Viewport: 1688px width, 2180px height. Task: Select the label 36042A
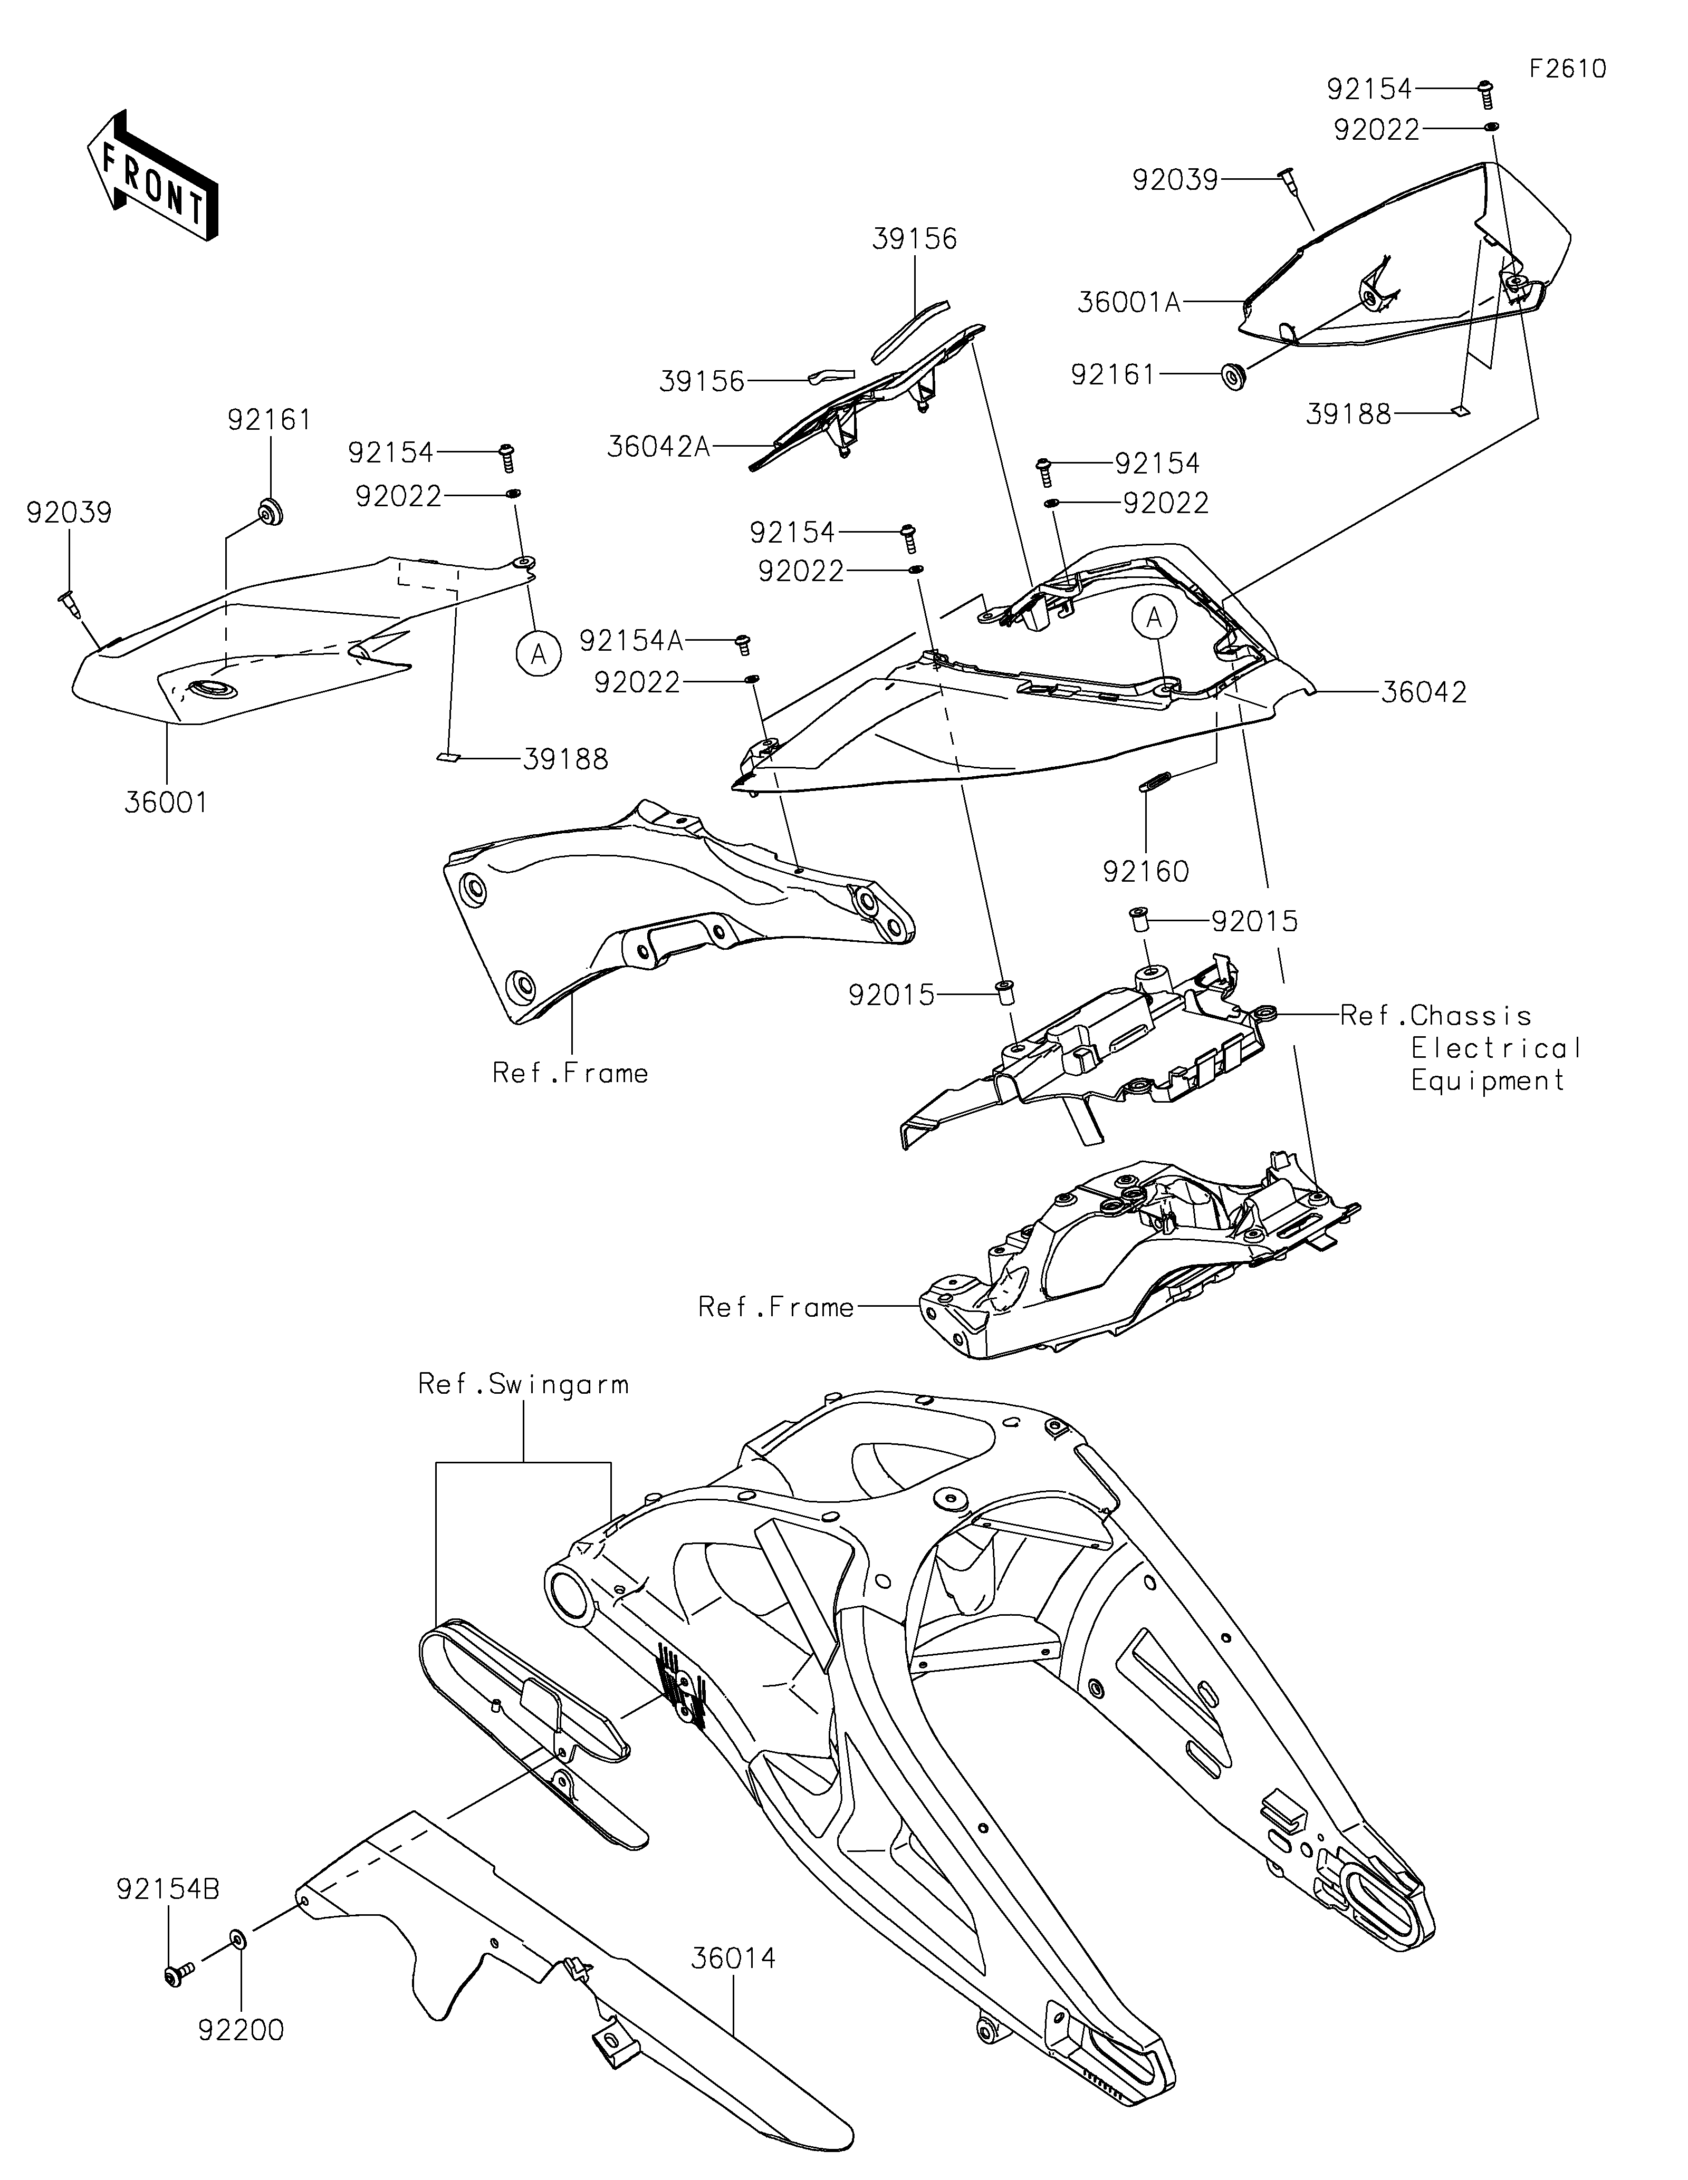click(x=659, y=446)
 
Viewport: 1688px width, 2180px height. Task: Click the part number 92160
click(x=1146, y=871)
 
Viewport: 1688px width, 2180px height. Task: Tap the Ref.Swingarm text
click(x=523, y=1384)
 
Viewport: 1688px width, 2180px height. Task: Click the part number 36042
click(x=1424, y=692)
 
